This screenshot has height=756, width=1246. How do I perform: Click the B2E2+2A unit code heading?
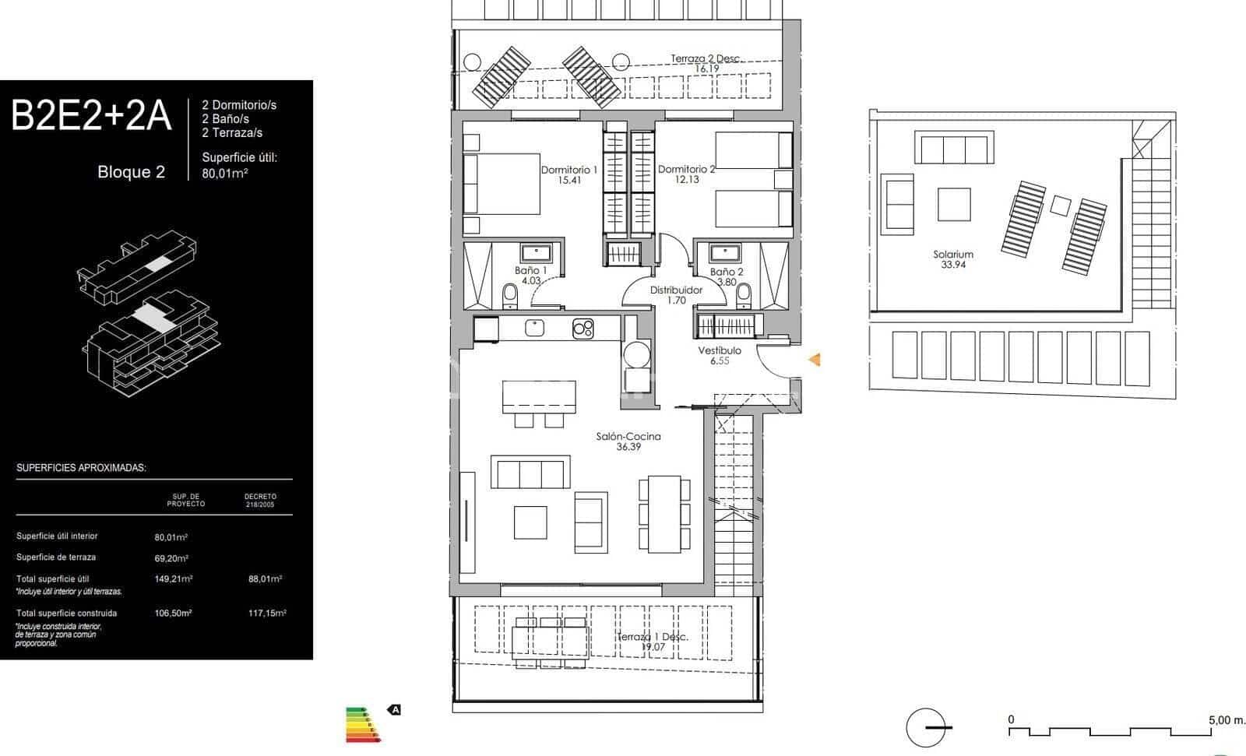tap(91, 116)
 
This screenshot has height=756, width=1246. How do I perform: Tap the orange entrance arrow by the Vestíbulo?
tap(815, 360)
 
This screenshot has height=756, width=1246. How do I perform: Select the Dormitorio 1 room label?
tap(569, 170)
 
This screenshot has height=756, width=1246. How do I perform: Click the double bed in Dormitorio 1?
tap(502, 184)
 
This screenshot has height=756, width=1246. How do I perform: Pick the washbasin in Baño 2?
tap(725, 251)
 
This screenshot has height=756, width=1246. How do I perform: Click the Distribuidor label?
tap(676, 290)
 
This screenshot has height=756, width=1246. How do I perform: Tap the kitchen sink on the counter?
tap(535, 328)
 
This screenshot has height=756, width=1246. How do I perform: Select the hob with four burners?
tap(583, 329)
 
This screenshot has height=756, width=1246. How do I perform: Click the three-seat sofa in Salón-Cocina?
tap(530, 472)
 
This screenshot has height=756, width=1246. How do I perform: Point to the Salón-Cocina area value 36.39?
tap(628, 447)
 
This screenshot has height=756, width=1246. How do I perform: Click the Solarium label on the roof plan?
tap(953, 255)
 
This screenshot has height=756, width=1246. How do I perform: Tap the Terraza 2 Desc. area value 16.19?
tap(706, 69)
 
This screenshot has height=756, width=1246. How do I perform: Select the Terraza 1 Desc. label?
tap(653, 637)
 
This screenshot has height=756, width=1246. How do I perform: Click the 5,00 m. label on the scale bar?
tap(1227, 720)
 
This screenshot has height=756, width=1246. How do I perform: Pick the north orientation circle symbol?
tap(927, 728)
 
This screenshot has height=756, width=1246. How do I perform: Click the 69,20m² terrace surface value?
tap(171, 558)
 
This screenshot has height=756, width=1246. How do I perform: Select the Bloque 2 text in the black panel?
tap(131, 172)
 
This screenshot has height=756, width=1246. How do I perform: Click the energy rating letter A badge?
tap(395, 709)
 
